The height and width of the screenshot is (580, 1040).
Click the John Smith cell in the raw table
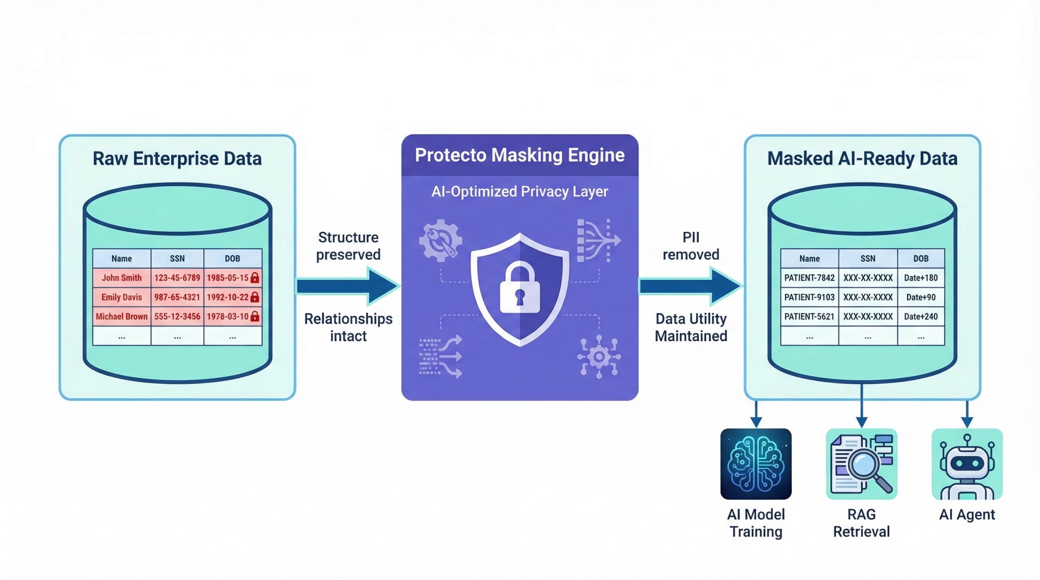point(121,278)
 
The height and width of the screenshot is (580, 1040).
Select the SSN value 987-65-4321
point(177,297)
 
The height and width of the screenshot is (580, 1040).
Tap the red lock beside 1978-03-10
point(255,317)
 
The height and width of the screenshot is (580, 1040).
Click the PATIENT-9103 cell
point(809,297)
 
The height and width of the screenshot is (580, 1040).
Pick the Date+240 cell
point(921,317)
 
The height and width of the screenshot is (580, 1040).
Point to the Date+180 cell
point(921,278)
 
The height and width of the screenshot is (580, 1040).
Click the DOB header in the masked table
point(921,258)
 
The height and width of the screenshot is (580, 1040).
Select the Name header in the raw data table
point(121,258)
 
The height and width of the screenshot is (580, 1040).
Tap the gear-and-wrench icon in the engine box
point(440,241)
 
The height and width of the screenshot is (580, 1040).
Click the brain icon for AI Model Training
point(756,464)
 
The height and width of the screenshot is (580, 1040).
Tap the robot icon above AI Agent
point(967,464)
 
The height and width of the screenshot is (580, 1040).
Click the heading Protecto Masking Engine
point(519,155)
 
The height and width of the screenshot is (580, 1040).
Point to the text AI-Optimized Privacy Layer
point(519,192)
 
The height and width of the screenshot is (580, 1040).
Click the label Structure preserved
point(348,246)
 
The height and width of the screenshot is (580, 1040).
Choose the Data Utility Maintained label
point(691,327)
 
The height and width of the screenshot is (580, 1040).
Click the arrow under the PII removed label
point(691,287)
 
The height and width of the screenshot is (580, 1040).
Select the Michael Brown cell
point(121,317)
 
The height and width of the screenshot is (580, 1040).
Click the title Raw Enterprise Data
point(177,159)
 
